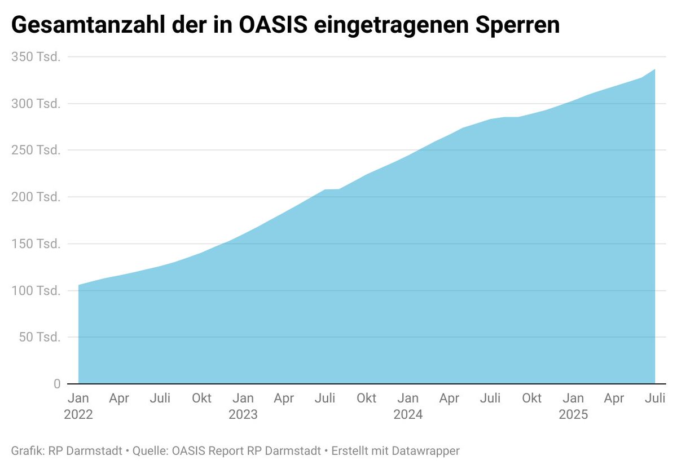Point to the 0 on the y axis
(57, 384)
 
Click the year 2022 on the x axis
(78, 415)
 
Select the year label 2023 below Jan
(243, 415)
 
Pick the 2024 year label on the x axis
(408, 415)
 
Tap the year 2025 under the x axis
(573, 415)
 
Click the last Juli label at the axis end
(655, 399)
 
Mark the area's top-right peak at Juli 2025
(654, 70)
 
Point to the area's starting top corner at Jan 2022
(79, 285)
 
